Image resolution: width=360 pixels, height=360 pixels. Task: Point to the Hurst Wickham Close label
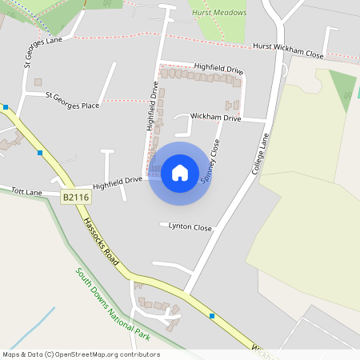coord(288,51)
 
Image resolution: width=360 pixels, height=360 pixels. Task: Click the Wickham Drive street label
coord(215,118)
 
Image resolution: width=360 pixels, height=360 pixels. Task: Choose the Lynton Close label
coord(190,227)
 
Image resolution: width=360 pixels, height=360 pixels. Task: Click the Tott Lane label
coord(26,192)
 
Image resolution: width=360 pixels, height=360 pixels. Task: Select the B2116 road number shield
coord(74,196)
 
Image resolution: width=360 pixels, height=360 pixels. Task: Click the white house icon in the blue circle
coord(179,172)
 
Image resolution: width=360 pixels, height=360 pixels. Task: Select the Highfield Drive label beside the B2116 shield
coord(117,183)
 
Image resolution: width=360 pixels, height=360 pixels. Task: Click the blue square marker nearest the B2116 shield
coord(40,152)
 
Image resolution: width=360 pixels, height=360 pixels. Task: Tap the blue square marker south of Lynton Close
coord(212,316)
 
